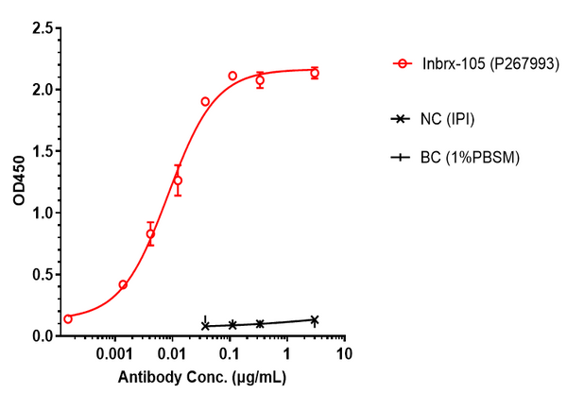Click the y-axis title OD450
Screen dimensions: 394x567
point(18,181)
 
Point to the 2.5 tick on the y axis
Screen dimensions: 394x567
point(39,28)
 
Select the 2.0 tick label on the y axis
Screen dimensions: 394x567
point(39,90)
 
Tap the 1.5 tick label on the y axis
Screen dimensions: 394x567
point(39,151)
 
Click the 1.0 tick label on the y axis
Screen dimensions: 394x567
point(39,213)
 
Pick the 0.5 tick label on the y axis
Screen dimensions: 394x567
point(39,274)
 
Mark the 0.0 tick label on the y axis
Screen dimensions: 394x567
point(39,335)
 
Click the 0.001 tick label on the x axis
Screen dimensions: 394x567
point(115,354)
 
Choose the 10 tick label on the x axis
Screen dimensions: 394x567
point(345,354)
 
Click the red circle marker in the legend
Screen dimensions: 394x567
point(404,64)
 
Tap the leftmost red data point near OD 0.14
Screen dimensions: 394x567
point(67,318)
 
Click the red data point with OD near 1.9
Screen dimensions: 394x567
point(205,101)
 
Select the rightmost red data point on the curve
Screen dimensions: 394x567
point(315,73)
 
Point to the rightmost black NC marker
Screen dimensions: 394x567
point(315,319)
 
